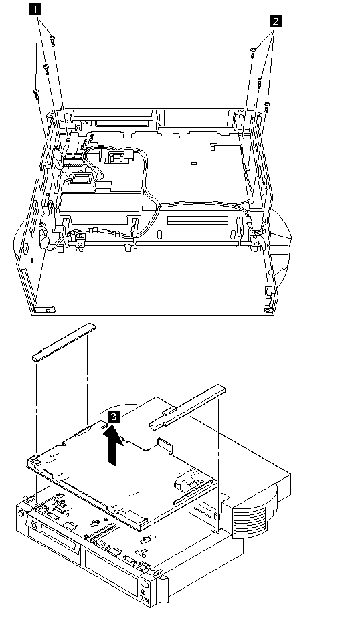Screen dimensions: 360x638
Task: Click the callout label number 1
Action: tap(36, 9)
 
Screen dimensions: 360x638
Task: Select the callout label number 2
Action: tap(276, 21)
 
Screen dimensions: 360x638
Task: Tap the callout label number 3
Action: tap(114, 417)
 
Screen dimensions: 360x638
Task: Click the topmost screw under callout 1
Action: tap(52, 41)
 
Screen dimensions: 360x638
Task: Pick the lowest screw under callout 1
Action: tap(36, 94)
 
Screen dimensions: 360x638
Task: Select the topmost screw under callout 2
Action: tap(253, 53)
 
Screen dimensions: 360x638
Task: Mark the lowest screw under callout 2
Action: tap(267, 108)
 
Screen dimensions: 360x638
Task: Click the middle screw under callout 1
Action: tap(46, 69)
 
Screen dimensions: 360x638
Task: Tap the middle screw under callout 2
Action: tap(260, 83)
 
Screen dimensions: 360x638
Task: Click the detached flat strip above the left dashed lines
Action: tap(64, 342)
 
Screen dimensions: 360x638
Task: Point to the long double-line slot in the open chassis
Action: tap(197, 220)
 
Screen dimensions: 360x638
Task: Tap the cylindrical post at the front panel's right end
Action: tap(163, 588)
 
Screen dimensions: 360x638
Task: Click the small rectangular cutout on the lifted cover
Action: tap(165, 445)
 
